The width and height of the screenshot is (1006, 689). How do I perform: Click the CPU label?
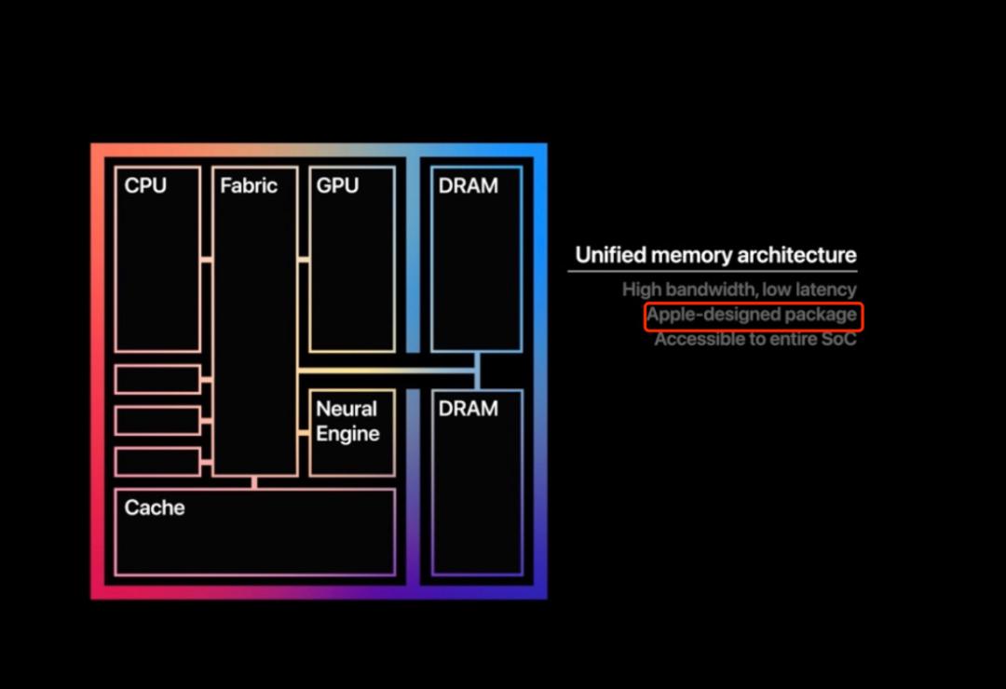[x=145, y=185]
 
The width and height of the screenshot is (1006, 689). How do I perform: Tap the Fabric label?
[x=249, y=185]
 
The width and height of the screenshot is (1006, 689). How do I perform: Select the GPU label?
[x=337, y=185]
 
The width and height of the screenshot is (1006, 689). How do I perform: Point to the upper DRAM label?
[x=468, y=185]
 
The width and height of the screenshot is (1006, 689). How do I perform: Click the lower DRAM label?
[x=468, y=409]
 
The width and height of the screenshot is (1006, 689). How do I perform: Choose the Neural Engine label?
[x=347, y=421]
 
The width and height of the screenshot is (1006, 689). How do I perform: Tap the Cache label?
[x=155, y=507]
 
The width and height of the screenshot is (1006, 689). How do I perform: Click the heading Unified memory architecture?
[x=715, y=255]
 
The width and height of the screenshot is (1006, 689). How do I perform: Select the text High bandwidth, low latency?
[x=739, y=290]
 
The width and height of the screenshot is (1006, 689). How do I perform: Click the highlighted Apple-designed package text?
[x=752, y=315]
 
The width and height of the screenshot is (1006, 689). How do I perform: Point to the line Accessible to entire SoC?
[x=755, y=339]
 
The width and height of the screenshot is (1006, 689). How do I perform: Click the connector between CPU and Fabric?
[x=207, y=260]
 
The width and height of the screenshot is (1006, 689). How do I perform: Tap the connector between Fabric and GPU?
[x=304, y=260]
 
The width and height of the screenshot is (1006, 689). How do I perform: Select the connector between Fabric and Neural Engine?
[x=304, y=433]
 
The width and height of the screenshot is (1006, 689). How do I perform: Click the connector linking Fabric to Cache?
[x=254, y=482]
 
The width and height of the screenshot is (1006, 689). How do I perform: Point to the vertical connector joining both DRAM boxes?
[x=477, y=371]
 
